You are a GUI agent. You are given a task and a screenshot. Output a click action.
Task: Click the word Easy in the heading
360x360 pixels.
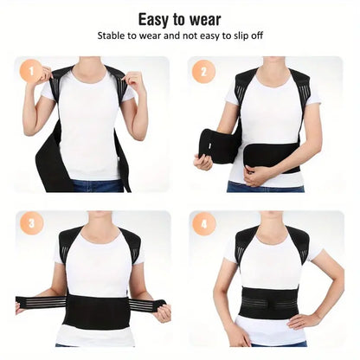click(154, 19)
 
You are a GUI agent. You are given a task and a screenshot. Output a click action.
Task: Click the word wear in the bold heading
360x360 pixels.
click(205, 19)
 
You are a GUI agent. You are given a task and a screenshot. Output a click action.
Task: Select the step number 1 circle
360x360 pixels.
click(31, 72)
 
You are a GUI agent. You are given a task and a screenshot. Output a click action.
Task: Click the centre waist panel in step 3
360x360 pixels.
click(98, 310)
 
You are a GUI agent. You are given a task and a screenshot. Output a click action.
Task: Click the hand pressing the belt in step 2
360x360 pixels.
click(259, 173)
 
